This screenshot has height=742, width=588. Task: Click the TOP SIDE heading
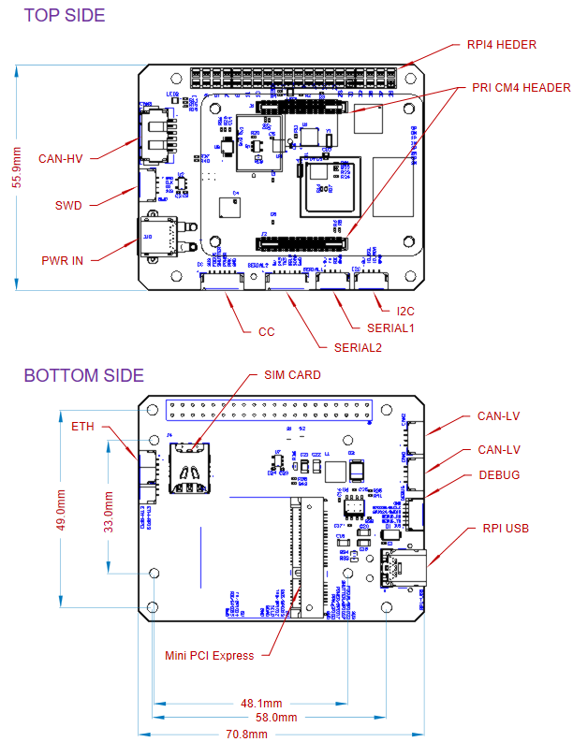point(65,15)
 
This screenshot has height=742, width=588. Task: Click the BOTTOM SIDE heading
point(83,375)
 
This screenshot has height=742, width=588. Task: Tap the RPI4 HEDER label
point(502,44)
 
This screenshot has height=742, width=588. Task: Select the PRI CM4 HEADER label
point(521,88)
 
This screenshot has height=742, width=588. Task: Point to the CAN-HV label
point(61,158)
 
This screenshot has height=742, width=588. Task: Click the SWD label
point(68,206)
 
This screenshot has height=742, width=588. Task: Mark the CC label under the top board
point(266,331)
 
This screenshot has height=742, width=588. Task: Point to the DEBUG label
point(499,474)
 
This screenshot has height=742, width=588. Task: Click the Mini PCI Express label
point(210,655)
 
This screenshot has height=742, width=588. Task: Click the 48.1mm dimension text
point(262,703)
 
